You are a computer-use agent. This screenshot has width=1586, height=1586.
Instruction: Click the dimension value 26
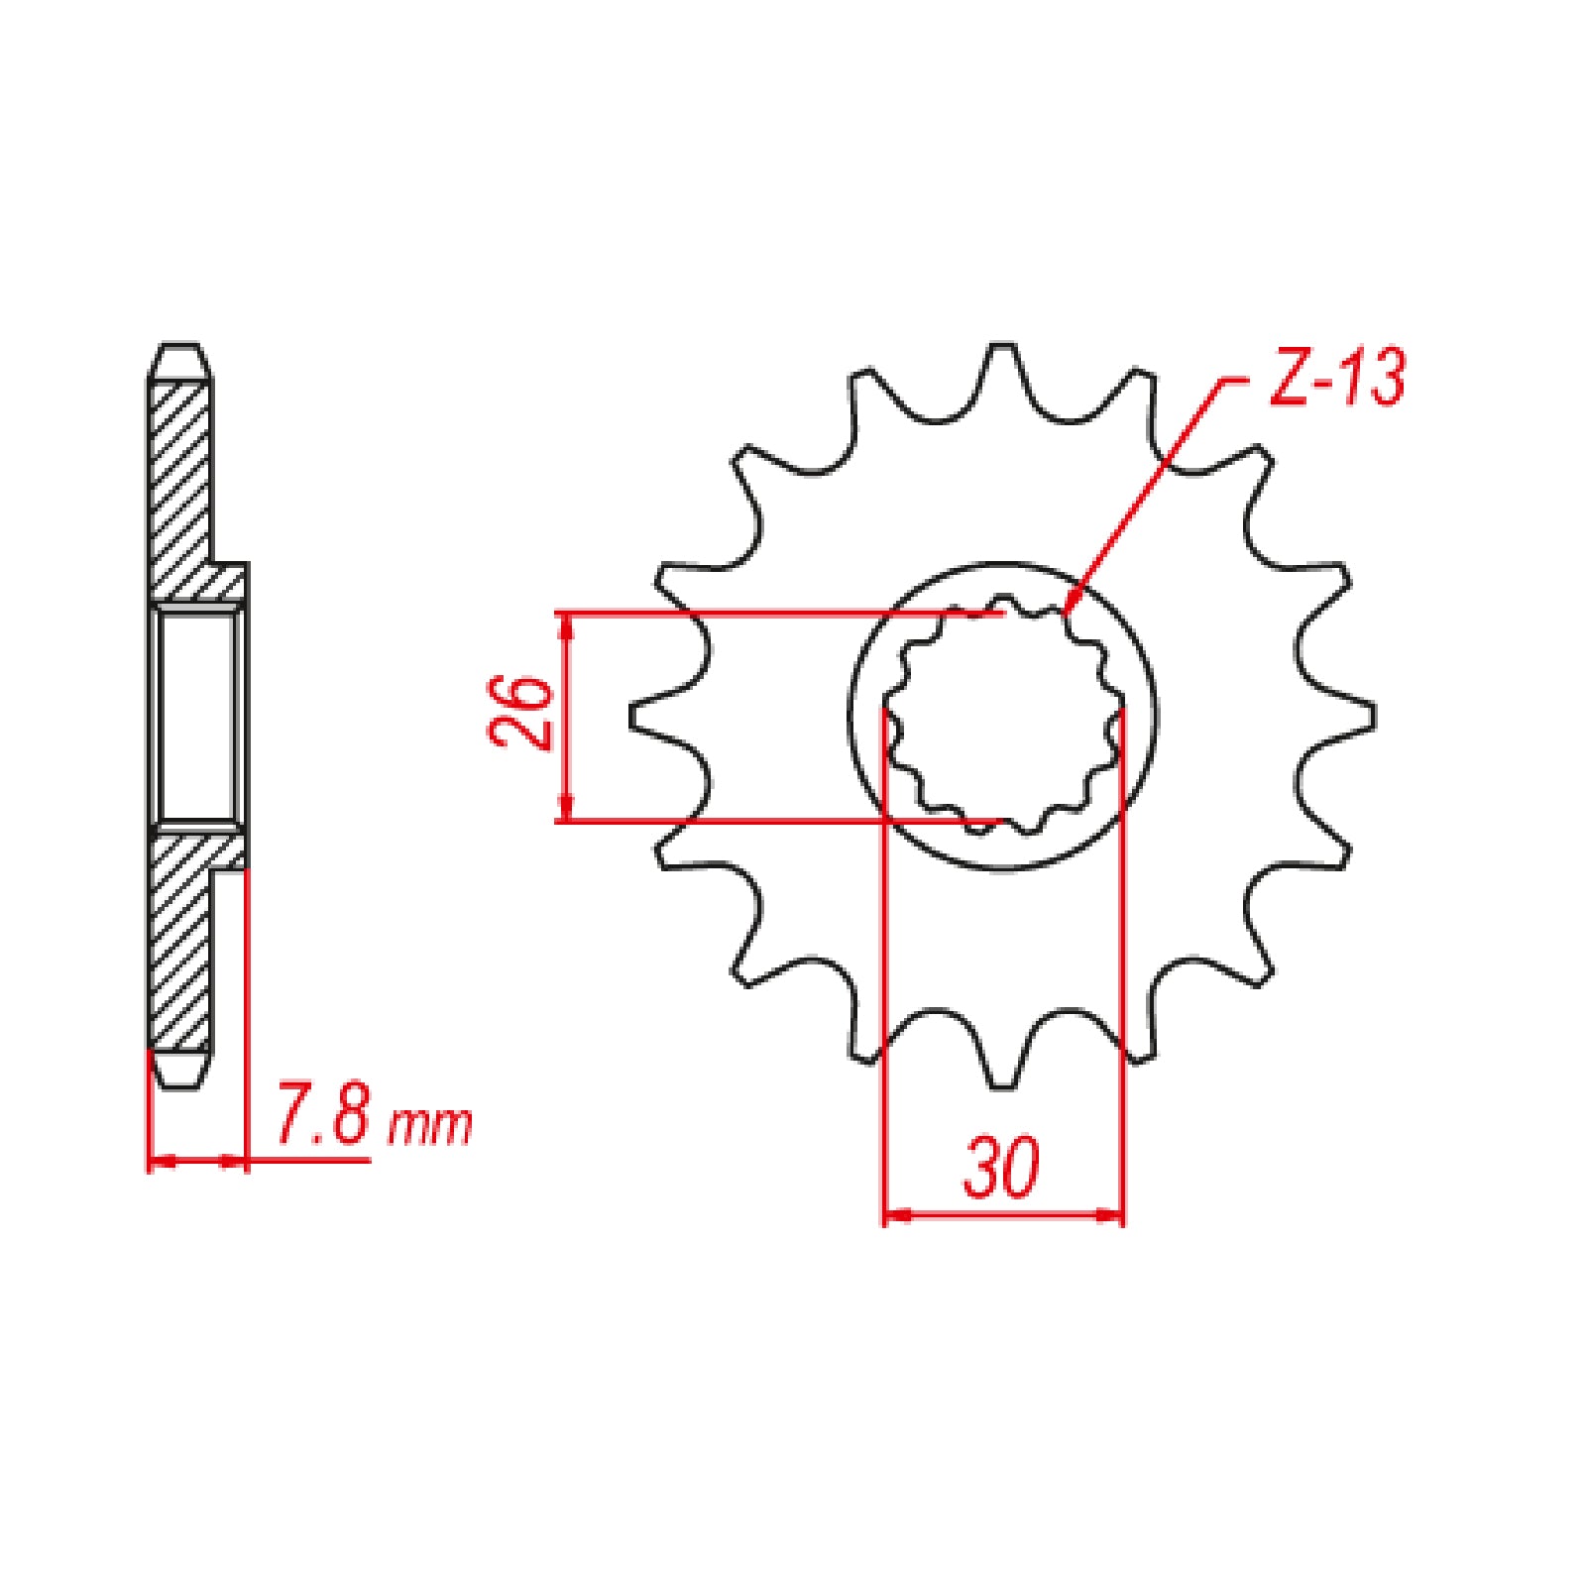click(519, 715)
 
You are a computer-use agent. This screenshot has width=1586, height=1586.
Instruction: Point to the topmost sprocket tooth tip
click(1002, 346)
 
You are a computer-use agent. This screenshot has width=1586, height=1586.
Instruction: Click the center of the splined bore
click(1003, 716)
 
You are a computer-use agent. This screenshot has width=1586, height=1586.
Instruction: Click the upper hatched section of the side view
click(180, 476)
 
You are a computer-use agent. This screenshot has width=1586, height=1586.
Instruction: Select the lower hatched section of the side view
click(180, 942)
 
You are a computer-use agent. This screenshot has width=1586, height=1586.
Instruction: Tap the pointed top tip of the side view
click(179, 348)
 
